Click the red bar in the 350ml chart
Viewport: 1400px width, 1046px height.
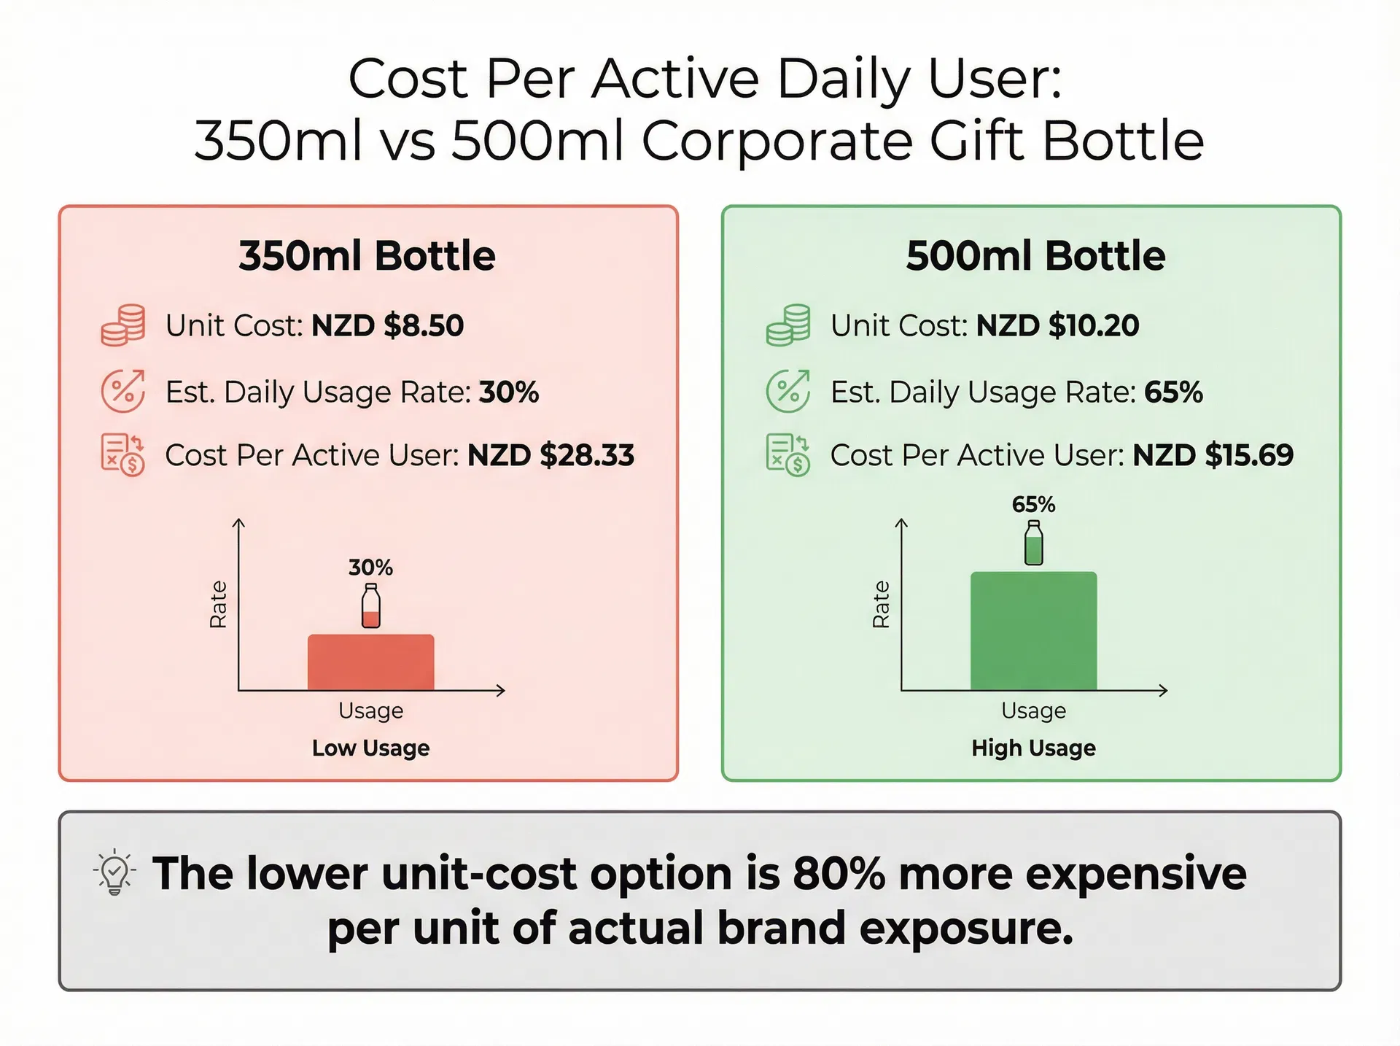370,662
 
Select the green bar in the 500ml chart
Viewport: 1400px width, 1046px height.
1033,631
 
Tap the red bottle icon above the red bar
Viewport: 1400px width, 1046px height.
371,605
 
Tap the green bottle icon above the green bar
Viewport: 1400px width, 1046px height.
1033,543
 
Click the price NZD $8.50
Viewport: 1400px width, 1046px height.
387,325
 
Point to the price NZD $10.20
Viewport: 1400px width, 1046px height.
1057,325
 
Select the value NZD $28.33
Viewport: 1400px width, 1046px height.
551,455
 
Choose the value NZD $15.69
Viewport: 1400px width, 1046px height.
1213,455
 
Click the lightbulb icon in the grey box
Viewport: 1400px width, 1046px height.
114,872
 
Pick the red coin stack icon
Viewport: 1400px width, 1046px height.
123,325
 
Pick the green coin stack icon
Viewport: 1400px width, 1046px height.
788,325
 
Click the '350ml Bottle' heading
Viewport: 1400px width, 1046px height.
367,256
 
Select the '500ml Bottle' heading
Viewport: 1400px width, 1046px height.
1035,256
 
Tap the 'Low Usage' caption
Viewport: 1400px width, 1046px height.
370,748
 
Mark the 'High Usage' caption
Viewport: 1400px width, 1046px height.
1033,748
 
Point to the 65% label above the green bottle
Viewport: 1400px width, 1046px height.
1033,504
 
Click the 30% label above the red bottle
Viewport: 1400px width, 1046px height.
370,567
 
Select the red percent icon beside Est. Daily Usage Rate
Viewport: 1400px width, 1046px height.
123,391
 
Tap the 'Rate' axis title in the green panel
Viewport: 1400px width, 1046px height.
881,604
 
